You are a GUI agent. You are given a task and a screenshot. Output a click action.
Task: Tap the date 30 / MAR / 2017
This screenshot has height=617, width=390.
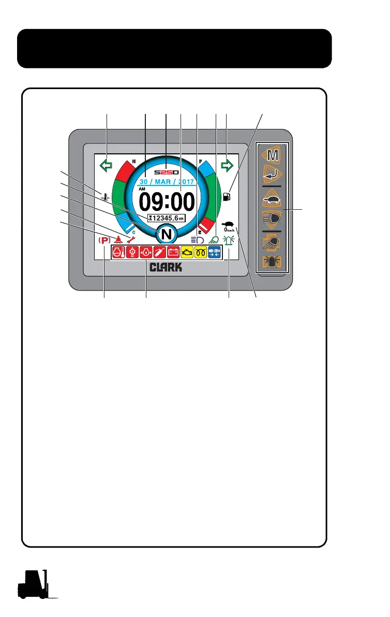tap(166, 182)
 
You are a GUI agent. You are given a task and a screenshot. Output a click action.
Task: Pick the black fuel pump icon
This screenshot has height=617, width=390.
tap(226, 197)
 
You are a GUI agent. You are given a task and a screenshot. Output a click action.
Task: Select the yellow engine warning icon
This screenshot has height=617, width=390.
tap(186, 252)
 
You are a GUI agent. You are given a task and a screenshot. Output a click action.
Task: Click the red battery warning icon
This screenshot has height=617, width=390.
tap(173, 252)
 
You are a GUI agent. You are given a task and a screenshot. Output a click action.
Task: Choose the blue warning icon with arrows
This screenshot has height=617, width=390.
tap(214, 252)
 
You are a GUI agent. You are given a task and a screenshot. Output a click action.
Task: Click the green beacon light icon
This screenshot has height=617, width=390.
tap(229, 240)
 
